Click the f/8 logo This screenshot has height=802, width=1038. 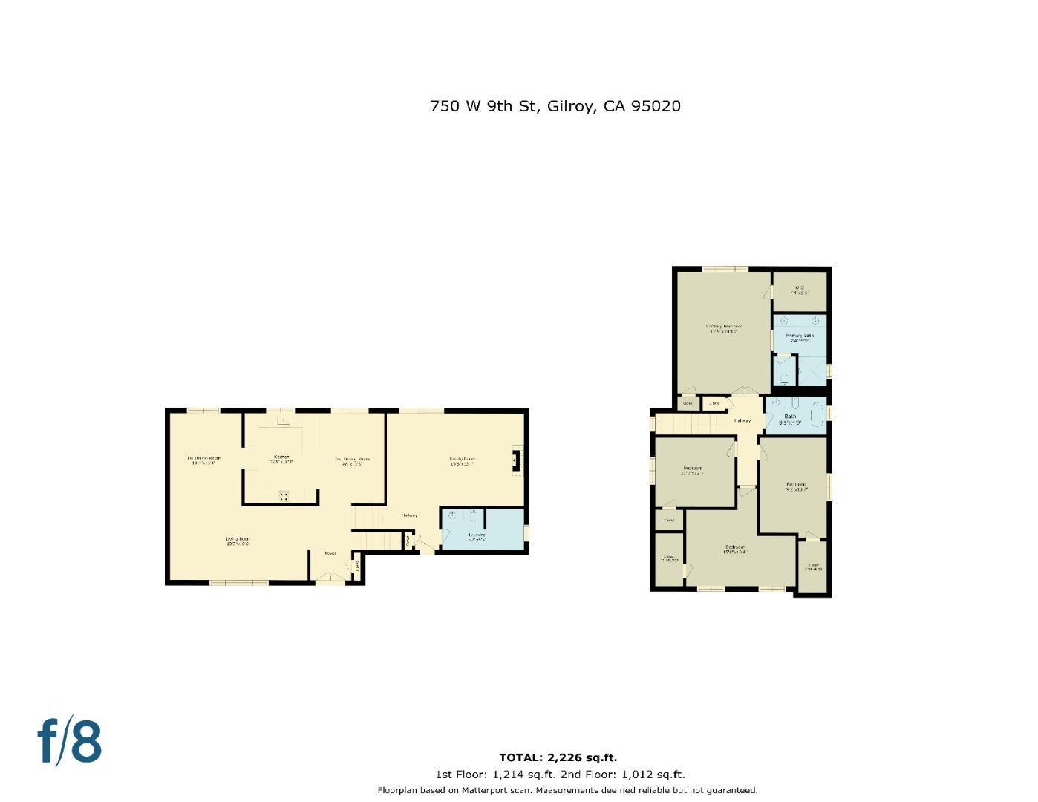pos(69,740)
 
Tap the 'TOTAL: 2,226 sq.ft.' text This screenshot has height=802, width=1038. pos(558,757)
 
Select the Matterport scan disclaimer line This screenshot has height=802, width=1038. pos(567,790)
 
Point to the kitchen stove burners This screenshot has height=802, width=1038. pos(284,496)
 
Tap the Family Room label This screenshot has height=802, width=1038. pos(462,460)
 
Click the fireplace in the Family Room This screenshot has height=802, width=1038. pos(518,460)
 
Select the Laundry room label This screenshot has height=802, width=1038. pos(477,536)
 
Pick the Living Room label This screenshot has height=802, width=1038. pos(238,541)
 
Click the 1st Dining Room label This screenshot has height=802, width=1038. pos(203,460)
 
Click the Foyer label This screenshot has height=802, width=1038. pos(330,553)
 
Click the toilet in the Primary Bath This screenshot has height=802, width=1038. pos(784,379)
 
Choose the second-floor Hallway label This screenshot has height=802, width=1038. pos(742,420)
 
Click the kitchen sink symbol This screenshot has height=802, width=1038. pos(282,421)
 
